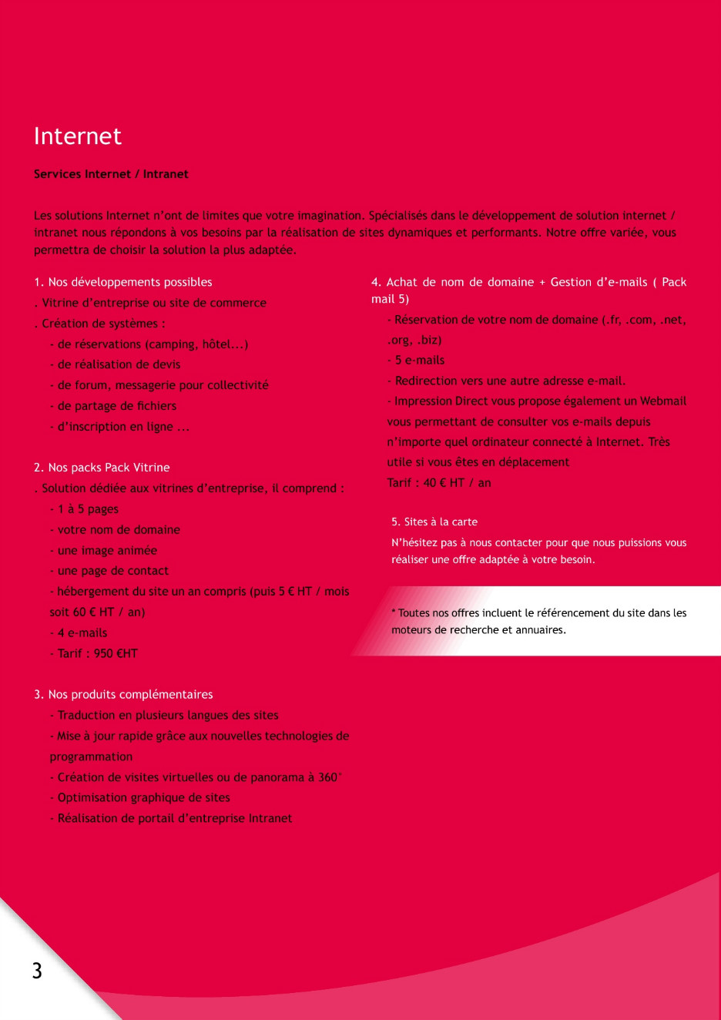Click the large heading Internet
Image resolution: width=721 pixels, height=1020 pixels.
[78, 136]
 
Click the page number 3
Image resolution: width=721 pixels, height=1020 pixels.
[37, 970]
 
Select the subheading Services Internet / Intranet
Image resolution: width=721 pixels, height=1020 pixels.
[111, 174]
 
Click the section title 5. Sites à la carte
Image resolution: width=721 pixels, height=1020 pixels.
[434, 522]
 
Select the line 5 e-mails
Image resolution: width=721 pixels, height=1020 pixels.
[420, 360]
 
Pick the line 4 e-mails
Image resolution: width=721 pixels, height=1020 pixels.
[82, 632]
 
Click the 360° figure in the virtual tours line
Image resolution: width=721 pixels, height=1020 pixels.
[330, 777]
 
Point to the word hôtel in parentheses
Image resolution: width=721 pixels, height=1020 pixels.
[223, 344]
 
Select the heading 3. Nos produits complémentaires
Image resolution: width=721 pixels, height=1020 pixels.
[123, 694]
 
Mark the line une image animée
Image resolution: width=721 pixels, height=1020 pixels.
[107, 550]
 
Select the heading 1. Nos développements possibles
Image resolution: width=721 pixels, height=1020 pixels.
[123, 282]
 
